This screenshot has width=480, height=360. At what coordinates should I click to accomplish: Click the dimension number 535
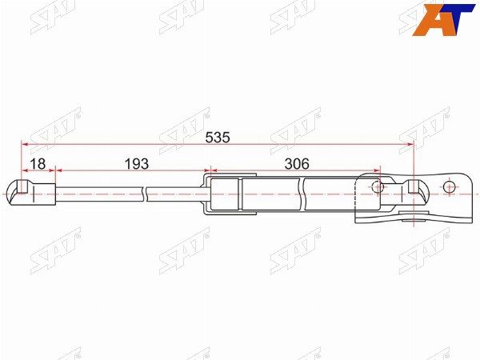coord(218,138)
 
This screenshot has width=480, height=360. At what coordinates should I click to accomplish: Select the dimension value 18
coord(38,164)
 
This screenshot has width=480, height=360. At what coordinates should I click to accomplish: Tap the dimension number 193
coord(137,164)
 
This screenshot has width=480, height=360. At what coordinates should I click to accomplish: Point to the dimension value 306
coord(297,164)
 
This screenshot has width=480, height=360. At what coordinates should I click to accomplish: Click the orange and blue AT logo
coord(443,19)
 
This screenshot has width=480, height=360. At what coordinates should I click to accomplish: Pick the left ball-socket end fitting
coord(31,193)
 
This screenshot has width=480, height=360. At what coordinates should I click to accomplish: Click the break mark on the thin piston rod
coord(145,194)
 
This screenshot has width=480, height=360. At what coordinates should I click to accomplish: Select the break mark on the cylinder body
coord(302,194)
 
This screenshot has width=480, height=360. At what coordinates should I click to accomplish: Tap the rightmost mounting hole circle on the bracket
coord(449,186)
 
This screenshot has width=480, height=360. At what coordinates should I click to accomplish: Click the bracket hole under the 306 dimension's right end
coord(378,186)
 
